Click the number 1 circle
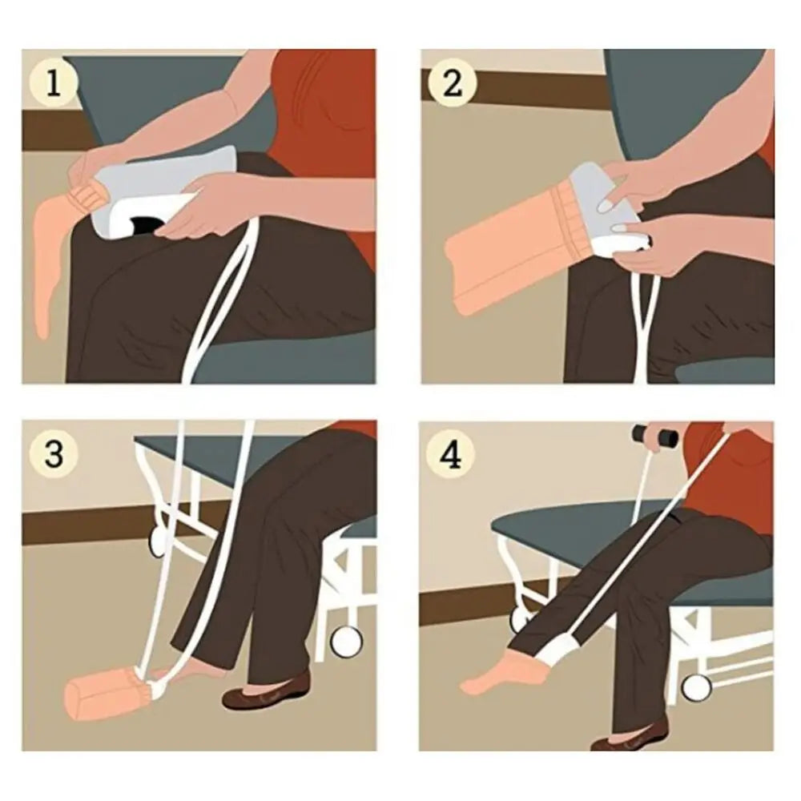(x=54, y=83)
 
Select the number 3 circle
(x=54, y=454)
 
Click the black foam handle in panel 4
(x=654, y=436)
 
